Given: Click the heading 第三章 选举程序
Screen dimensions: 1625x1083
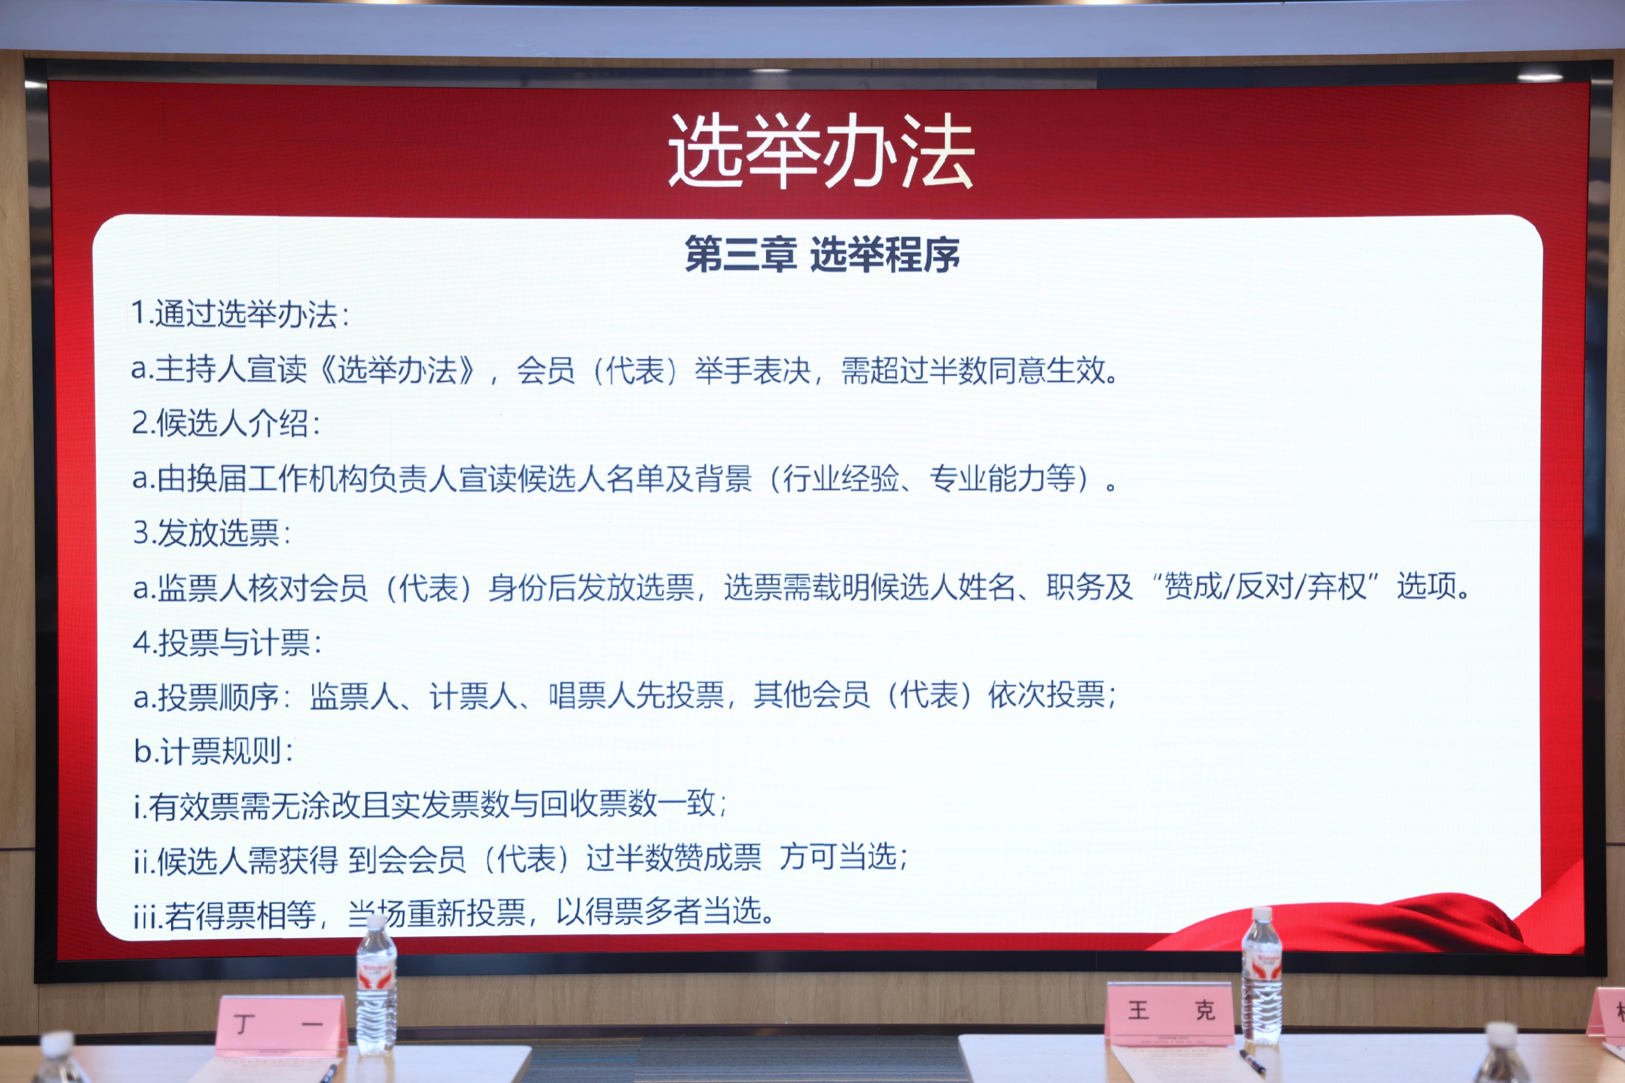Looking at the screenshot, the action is tap(822, 254).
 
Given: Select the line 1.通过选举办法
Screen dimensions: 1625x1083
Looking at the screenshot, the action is tap(241, 314).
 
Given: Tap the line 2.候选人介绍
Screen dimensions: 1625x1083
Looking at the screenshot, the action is tap(226, 423).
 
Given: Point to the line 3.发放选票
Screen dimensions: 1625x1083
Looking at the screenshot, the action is tap(212, 533).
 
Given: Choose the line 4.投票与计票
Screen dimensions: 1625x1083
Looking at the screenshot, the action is tap(227, 643).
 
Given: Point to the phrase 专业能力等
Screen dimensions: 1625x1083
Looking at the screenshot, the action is tap(1002, 478).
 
